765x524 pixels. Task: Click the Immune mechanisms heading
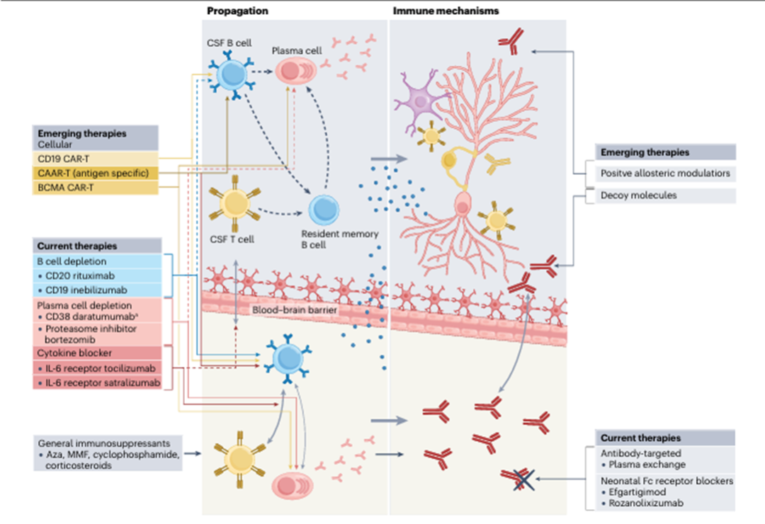[446, 11]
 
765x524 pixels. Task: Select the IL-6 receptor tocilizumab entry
[98, 368]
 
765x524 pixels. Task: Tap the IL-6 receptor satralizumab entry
[100, 383]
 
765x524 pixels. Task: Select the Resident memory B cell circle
[324, 210]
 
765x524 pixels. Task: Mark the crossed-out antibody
[520, 479]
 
